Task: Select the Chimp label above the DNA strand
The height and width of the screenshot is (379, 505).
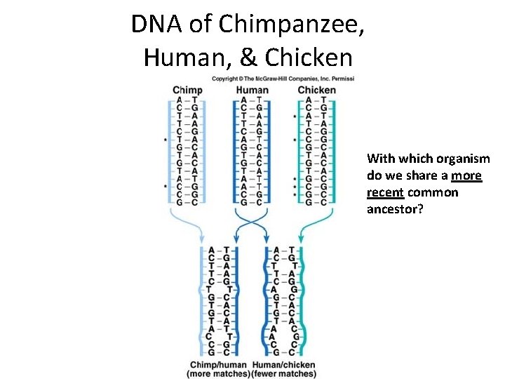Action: (187, 90)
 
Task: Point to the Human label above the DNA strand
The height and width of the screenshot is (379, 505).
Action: (252, 90)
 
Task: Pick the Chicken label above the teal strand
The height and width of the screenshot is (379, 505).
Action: (316, 90)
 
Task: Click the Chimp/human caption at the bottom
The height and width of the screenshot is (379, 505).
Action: (217, 364)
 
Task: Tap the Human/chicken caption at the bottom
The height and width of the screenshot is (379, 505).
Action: (284, 364)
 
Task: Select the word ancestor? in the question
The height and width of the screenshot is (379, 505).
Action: (395, 209)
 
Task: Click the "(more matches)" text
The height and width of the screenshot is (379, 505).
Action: (218, 373)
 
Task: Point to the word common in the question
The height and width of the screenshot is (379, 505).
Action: (433, 192)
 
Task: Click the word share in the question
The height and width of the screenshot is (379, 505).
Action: (426, 175)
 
